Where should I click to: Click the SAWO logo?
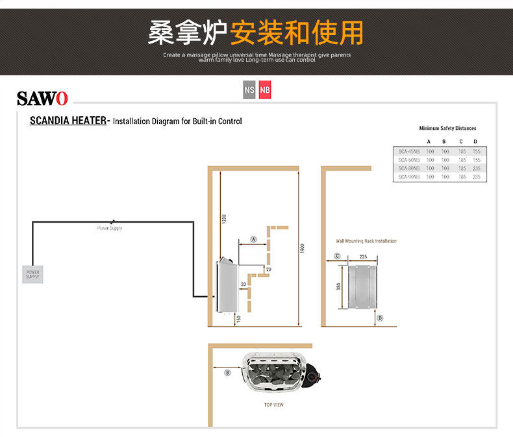(42, 99)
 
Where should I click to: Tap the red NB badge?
(264, 90)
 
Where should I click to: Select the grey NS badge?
(249, 90)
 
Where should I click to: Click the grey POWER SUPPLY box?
(32, 274)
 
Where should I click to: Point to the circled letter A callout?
(254, 240)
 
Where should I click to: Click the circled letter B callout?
(227, 373)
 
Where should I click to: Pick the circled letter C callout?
(337, 256)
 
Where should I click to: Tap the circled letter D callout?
(381, 318)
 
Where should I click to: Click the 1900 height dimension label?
(303, 248)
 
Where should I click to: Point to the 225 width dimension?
(363, 257)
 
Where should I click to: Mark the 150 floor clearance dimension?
(239, 319)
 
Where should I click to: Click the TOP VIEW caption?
(273, 405)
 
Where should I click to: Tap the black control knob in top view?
(314, 375)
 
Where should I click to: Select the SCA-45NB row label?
(408, 151)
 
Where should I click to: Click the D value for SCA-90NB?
(476, 177)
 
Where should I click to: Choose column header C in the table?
(461, 142)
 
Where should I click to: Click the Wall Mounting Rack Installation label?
(366, 241)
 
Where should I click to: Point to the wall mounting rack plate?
(363, 286)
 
